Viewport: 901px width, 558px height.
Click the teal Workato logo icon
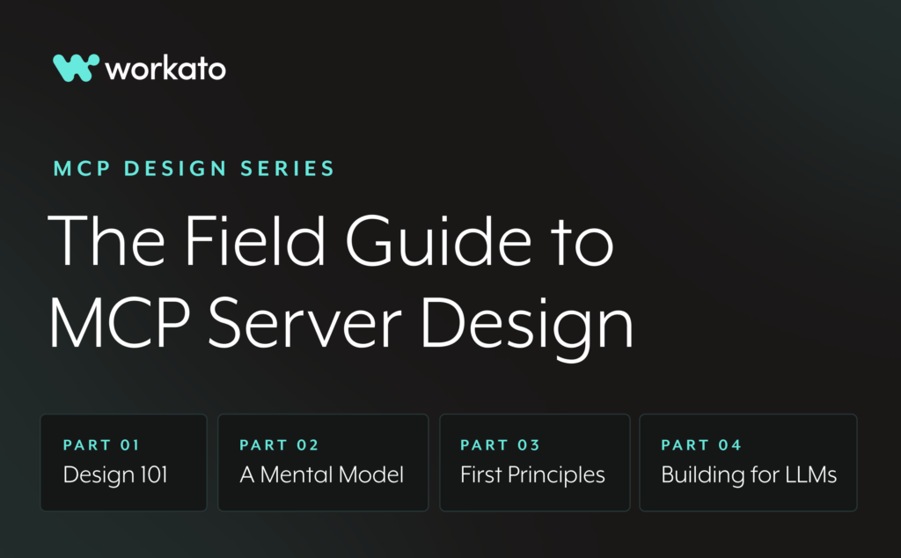(x=76, y=68)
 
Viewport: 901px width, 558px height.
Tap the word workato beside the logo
(x=165, y=69)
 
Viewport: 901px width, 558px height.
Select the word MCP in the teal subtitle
(x=82, y=169)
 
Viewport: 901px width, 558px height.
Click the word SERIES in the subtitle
(x=288, y=169)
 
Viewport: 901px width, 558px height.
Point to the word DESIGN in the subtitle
(x=175, y=169)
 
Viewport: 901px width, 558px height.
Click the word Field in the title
(x=255, y=240)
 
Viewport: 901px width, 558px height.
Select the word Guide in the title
(x=438, y=240)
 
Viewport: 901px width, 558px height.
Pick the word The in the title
(x=106, y=240)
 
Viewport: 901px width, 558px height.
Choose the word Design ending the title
(x=527, y=328)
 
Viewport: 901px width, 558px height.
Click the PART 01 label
(x=101, y=445)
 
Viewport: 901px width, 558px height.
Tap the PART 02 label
(x=279, y=445)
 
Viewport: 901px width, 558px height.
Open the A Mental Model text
(x=322, y=474)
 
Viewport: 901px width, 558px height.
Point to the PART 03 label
(x=500, y=445)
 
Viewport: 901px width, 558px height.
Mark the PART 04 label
(x=701, y=445)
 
